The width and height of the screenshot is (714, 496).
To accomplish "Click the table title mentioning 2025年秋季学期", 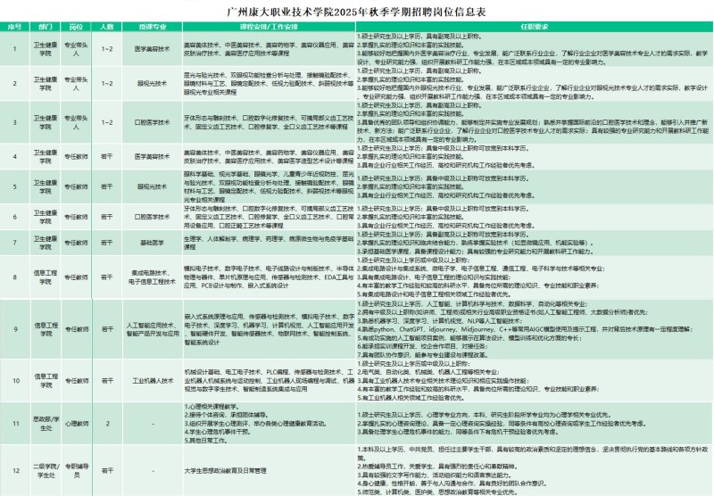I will click(357, 14).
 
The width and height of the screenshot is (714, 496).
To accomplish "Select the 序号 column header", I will click(14, 27).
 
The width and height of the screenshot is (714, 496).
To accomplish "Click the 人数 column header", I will click(107, 27).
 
